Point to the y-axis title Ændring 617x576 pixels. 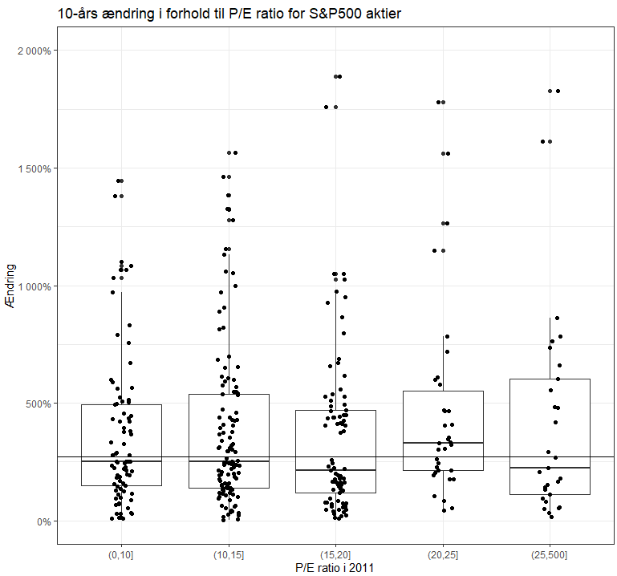(10, 285)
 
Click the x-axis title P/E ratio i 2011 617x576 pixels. (335, 568)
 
